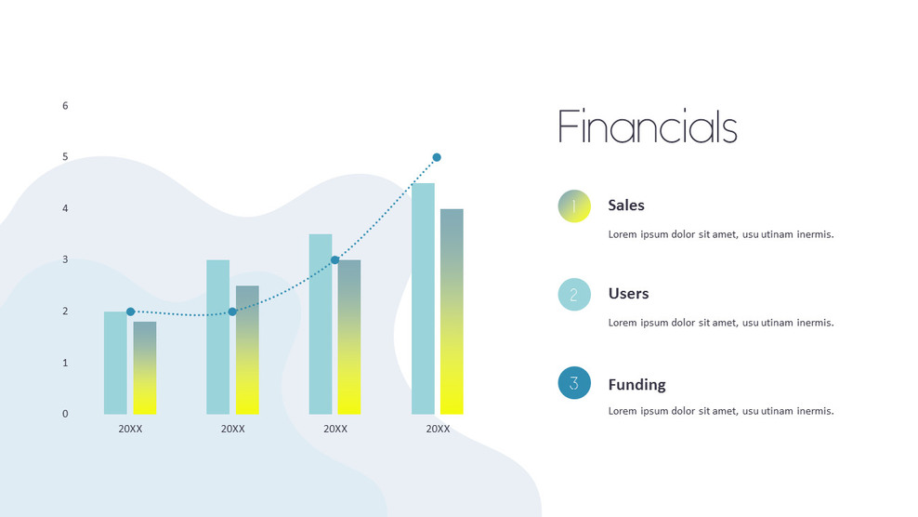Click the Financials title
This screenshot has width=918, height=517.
tap(647, 127)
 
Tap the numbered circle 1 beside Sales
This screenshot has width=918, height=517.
tap(574, 206)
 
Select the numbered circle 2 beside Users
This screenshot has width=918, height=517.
tap(574, 295)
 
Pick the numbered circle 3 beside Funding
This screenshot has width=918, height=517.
tap(574, 383)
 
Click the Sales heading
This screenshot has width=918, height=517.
tap(626, 205)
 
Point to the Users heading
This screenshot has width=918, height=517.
tap(628, 294)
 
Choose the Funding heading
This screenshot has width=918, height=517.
tap(636, 385)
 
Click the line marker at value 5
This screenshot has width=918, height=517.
tap(437, 157)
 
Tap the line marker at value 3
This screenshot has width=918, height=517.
tap(334, 260)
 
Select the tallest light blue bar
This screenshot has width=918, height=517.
tap(423, 298)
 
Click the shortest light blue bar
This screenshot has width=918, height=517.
tap(115, 363)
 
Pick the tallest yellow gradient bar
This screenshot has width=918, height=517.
tap(452, 312)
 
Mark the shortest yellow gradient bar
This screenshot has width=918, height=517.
tap(144, 368)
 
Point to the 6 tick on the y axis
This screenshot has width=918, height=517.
tap(65, 106)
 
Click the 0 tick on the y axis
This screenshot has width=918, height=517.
tap(65, 414)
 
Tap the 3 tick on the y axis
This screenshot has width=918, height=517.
tap(65, 260)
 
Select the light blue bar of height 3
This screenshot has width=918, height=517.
tap(217, 337)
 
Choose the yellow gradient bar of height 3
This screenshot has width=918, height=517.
tap(349, 337)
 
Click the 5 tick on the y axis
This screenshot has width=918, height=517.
tap(65, 157)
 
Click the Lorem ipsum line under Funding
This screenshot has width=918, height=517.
tap(720, 411)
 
